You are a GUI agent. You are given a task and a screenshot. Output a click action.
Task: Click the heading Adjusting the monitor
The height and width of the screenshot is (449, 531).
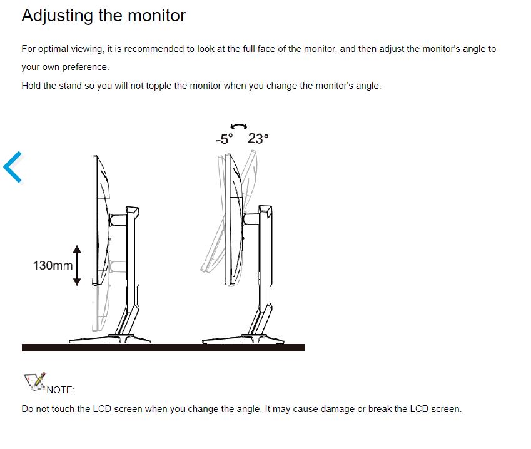click(103, 16)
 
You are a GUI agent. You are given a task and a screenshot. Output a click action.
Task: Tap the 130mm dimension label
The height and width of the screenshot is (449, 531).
click(53, 266)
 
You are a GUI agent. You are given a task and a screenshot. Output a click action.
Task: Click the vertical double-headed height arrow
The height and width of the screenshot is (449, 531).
click(77, 265)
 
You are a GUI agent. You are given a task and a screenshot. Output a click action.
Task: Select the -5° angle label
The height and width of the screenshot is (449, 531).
click(224, 139)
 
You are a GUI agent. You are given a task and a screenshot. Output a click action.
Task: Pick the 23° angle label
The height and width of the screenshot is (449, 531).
click(258, 139)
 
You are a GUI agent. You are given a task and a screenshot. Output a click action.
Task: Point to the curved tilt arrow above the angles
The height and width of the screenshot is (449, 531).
click(239, 126)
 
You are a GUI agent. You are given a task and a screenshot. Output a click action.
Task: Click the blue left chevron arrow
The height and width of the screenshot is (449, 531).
click(13, 167)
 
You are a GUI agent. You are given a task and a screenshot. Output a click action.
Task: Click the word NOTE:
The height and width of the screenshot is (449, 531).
click(61, 390)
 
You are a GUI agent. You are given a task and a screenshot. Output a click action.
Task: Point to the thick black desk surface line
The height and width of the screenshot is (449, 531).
click(163, 348)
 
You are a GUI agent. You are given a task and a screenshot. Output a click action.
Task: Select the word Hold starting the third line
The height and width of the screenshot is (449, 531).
click(31, 86)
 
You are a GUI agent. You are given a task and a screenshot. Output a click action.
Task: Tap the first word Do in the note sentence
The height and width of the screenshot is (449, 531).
click(28, 409)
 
